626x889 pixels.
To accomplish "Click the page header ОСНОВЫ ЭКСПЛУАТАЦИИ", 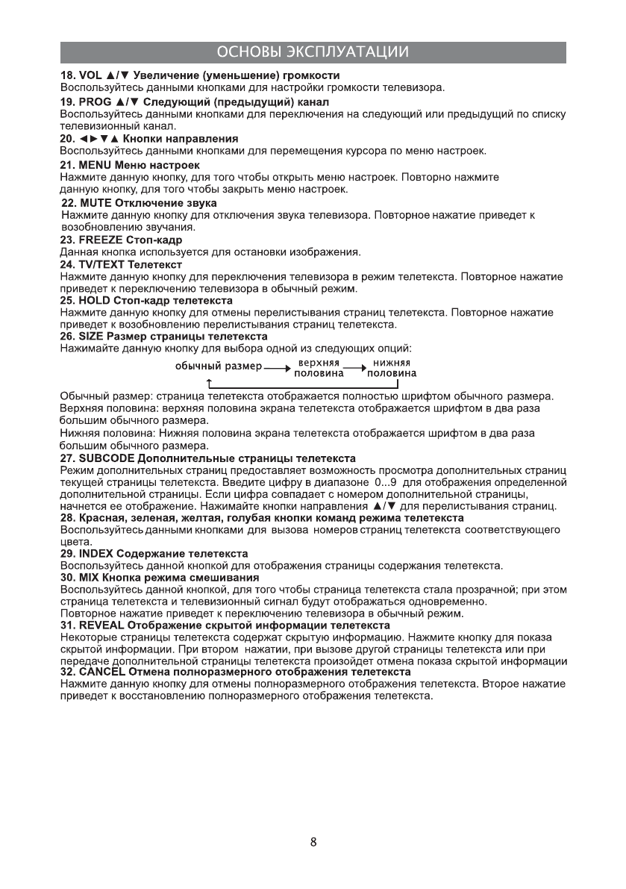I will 313,52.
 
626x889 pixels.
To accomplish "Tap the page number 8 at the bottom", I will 313,843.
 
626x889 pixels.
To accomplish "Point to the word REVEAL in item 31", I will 99,626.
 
